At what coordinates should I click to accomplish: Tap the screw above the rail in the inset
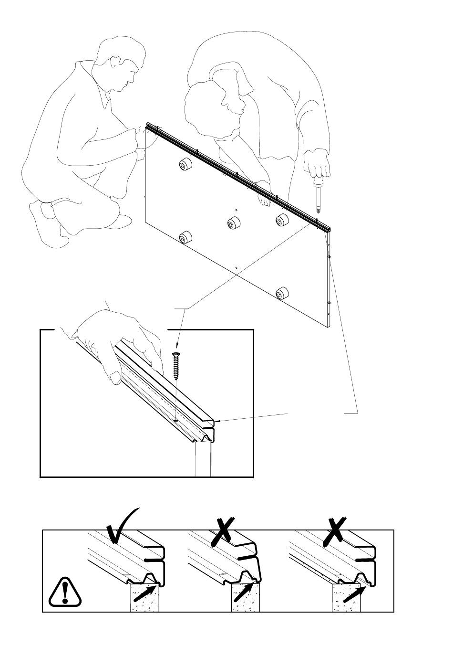[x=176, y=366]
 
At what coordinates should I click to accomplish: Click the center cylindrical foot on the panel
[x=234, y=223]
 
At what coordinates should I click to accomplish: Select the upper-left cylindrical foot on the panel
[x=184, y=166]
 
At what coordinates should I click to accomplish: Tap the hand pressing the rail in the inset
[x=114, y=344]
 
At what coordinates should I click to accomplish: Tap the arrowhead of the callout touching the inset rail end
[x=217, y=421]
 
